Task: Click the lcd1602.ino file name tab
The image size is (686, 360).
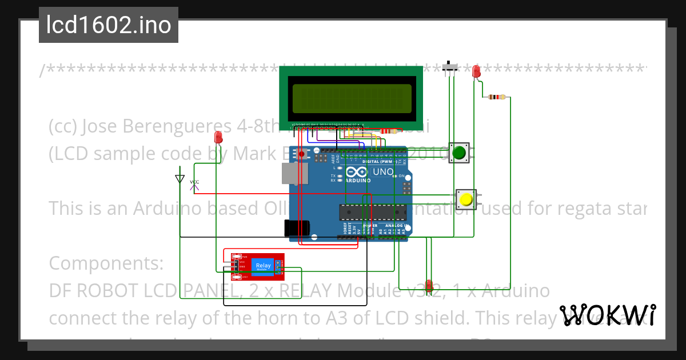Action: [109, 25]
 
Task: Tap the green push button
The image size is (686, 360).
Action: [459, 153]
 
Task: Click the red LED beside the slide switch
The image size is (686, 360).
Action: [476, 71]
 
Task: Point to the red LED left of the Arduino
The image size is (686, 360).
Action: [218, 137]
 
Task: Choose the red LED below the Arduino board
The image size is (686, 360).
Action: [429, 286]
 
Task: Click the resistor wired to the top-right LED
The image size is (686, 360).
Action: [496, 97]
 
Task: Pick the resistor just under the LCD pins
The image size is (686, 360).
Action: [388, 131]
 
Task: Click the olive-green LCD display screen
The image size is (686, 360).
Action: [352, 98]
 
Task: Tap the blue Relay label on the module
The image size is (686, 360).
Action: [264, 266]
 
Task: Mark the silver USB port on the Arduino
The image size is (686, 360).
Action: [294, 173]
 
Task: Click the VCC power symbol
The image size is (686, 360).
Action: [194, 184]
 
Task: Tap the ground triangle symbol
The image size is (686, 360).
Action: [180, 179]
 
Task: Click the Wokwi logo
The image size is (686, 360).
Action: [608, 315]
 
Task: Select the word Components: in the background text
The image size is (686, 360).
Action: [106, 263]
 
